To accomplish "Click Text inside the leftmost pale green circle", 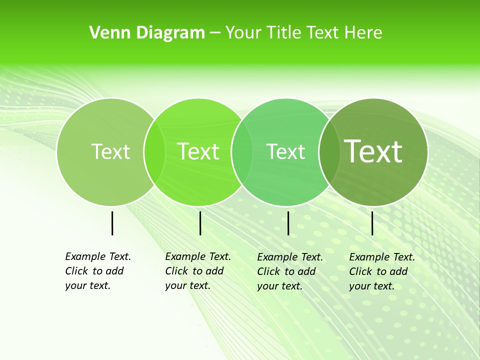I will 110,151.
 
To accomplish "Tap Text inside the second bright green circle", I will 198,151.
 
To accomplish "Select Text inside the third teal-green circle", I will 286,151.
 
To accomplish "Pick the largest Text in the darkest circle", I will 373,151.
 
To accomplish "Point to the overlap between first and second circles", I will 154,151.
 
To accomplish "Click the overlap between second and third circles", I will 242,151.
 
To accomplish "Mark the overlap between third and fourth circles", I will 329,151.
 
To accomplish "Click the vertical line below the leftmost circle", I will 112,223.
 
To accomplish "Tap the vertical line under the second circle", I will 200,223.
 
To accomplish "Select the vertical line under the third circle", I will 288,223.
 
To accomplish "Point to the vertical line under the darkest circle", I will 372,223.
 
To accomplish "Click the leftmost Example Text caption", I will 97,271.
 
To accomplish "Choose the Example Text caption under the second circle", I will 197,271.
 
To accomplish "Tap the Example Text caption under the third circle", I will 289,271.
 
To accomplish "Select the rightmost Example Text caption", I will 381,271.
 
